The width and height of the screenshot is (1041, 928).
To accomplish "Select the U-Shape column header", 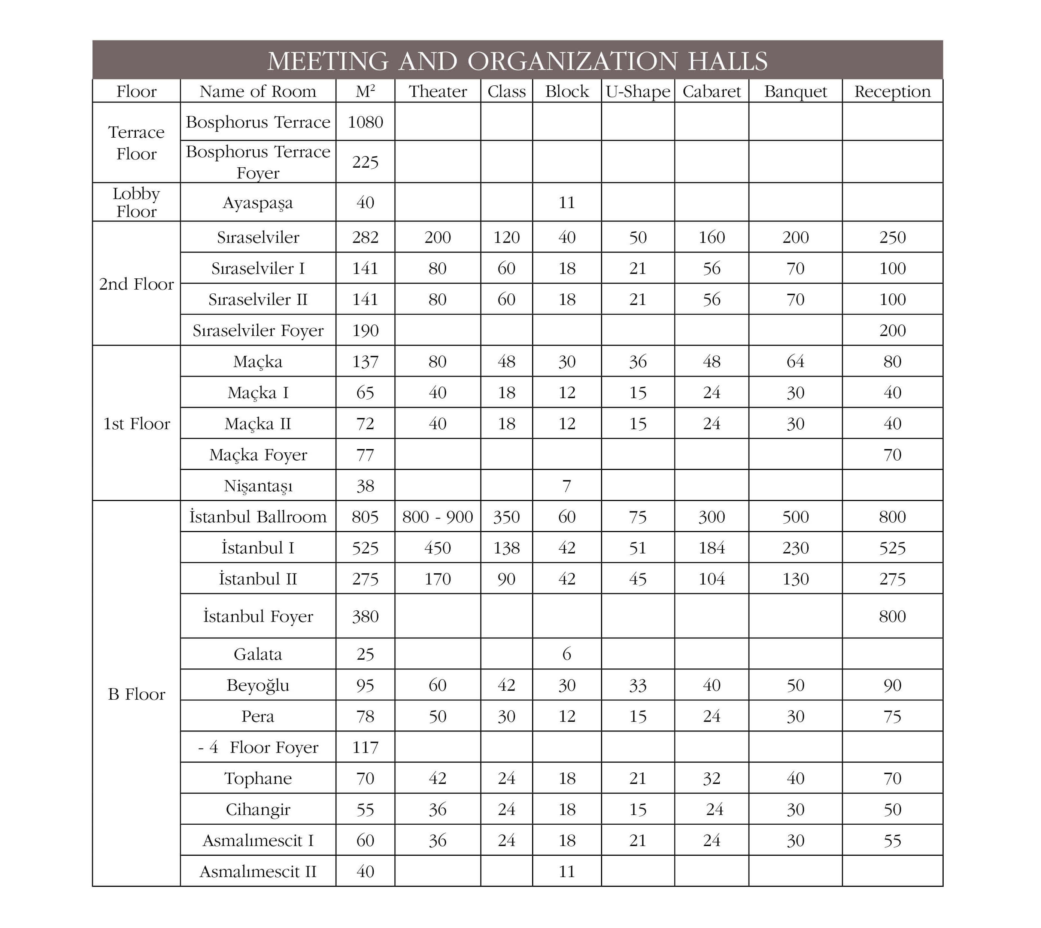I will pyautogui.click(x=637, y=91).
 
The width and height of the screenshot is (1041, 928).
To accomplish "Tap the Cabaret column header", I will pyautogui.click(x=711, y=91).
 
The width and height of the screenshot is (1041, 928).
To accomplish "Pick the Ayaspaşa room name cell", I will pyautogui.click(x=258, y=203).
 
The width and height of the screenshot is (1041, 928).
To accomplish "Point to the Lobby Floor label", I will pyautogui.click(x=136, y=202).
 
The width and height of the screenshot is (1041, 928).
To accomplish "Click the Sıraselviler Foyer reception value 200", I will pyautogui.click(x=892, y=330).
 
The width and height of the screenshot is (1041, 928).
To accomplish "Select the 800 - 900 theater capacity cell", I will pyautogui.click(x=437, y=517).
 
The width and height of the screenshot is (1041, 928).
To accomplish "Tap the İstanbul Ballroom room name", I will pyautogui.click(x=258, y=517).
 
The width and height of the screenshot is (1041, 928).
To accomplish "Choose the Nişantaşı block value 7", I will pyautogui.click(x=567, y=486).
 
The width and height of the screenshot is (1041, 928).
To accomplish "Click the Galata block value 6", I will pyautogui.click(x=567, y=654).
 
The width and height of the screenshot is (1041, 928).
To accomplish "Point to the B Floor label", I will pyautogui.click(x=136, y=695).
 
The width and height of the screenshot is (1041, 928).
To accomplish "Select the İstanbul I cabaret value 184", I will pyautogui.click(x=711, y=548).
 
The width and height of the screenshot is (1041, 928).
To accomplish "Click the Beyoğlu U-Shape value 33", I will pyautogui.click(x=637, y=685).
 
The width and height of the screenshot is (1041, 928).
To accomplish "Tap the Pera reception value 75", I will pyautogui.click(x=892, y=717).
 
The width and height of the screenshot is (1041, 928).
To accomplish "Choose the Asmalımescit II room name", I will pyautogui.click(x=258, y=871).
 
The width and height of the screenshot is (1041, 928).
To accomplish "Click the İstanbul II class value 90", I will pyautogui.click(x=506, y=579).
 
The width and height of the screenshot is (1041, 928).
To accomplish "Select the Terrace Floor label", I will pyautogui.click(x=136, y=143).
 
